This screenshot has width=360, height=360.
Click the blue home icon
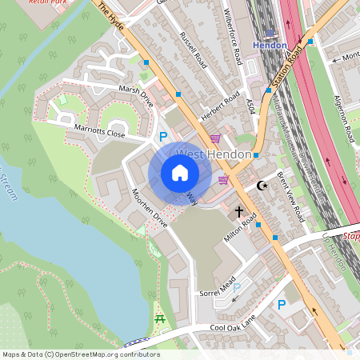pyautogui.click(x=180, y=173)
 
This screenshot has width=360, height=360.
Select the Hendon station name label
pyautogui.click(x=270, y=45)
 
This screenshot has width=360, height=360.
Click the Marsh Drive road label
pyautogui.click(x=135, y=94)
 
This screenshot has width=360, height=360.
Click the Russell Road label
pyautogui.click(x=194, y=50)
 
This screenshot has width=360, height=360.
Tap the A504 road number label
pyautogui.click(x=250, y=103)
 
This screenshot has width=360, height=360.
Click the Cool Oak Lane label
pyautogui.click(x=234, y=320)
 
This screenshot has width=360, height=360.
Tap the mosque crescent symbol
pyautogui.click(x=261, y=186)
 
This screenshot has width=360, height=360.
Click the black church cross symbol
pyautogui.click(x=238, y=213)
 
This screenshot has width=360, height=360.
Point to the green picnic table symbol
pyautogui.click(x=158, y=320)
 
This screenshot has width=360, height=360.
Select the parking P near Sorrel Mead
pyautogui.click(x=281, y=304)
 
